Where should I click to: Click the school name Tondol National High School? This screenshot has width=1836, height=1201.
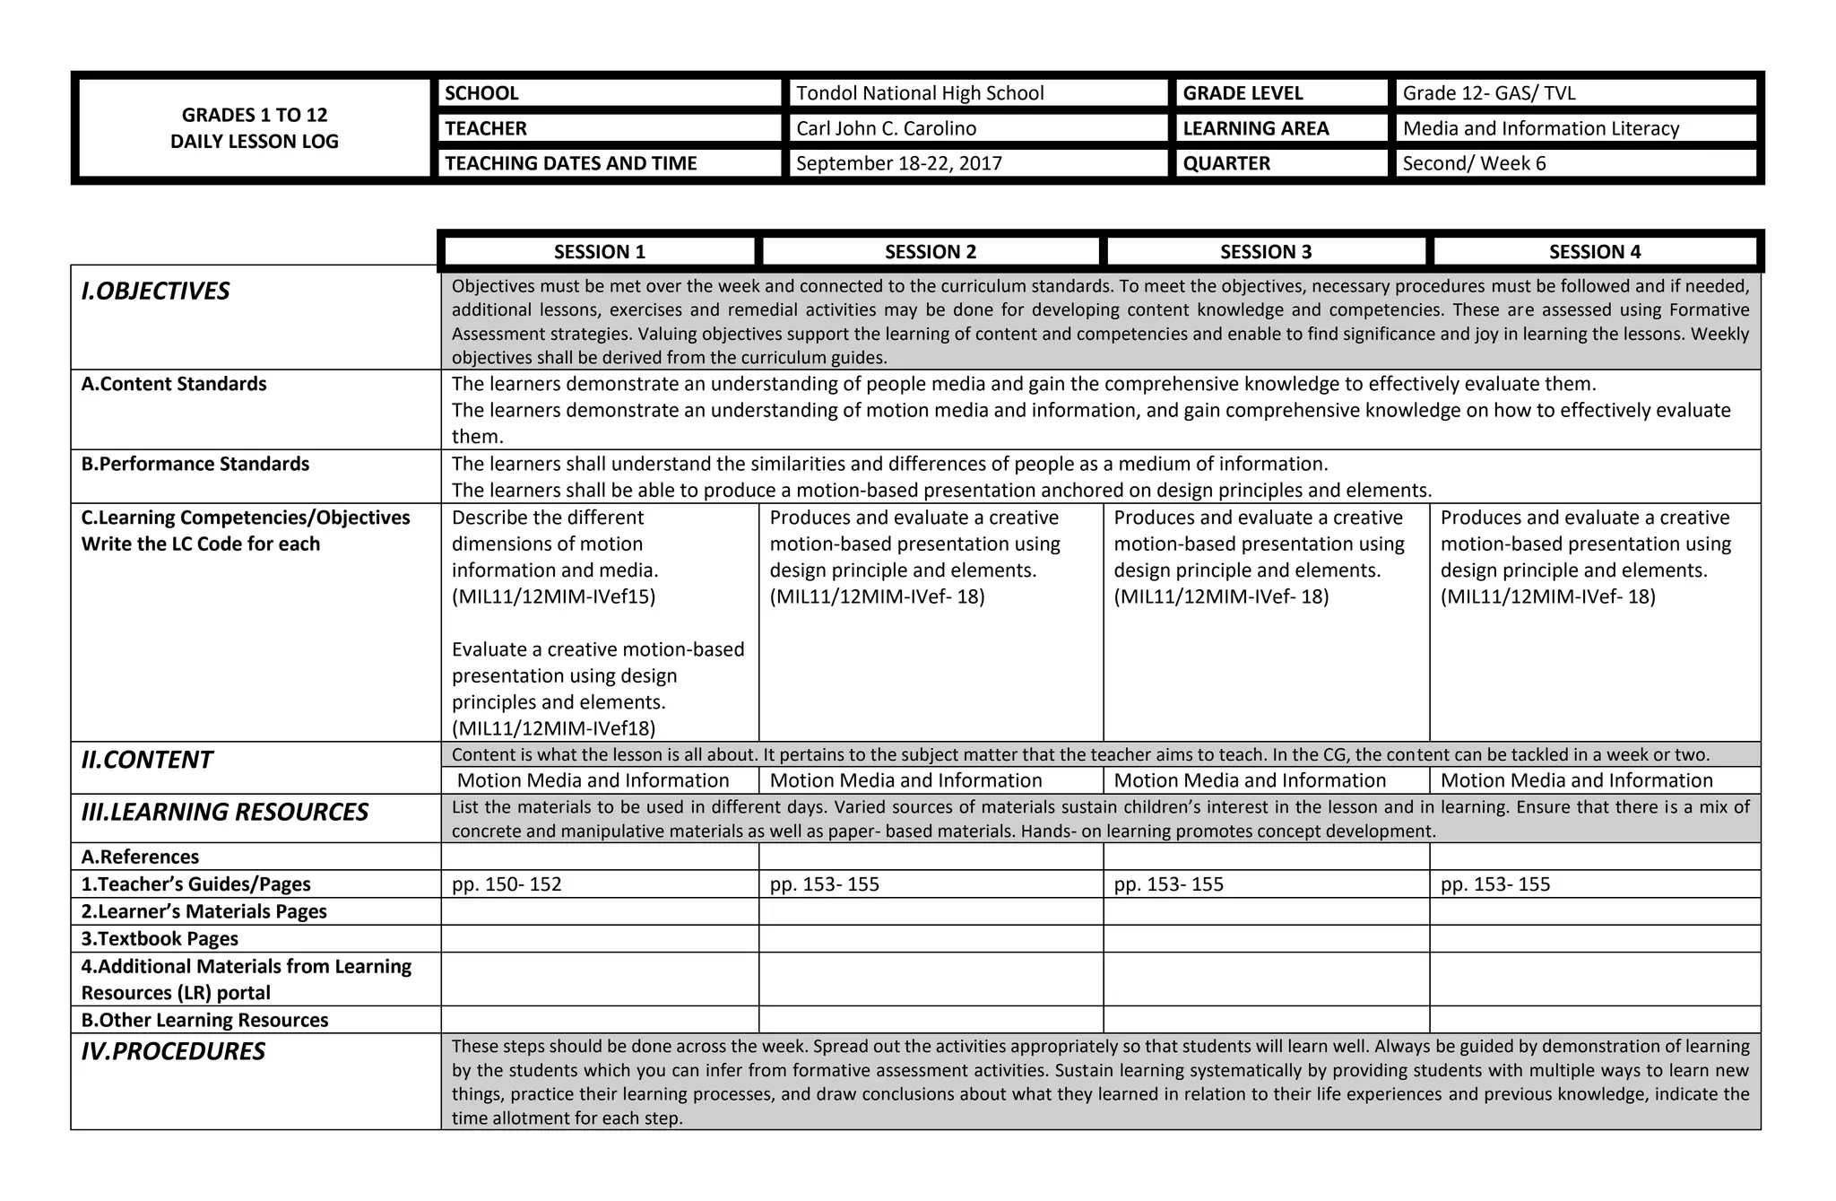coord(920,93)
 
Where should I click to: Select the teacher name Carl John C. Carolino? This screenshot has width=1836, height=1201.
coord(886,128)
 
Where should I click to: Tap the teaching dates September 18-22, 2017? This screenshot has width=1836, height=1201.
coord(898,163)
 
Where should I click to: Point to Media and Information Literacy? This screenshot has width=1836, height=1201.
coord(1540,128)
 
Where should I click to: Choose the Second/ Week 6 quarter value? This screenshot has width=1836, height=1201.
coord(1474,163)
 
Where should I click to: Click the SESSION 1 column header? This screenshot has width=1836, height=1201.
coord(599,252)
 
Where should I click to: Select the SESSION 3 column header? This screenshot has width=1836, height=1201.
coord(1265,252)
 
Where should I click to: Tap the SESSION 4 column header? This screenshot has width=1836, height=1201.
coord(1594,252)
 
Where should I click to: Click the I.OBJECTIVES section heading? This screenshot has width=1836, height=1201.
coord(155,292)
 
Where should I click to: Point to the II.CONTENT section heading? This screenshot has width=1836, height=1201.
coord(146,761)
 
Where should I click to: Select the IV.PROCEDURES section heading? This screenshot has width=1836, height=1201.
coord(173,1051)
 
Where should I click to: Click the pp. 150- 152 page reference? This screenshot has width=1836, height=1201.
coord(507,884)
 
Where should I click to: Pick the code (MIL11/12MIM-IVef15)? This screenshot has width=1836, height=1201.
coord(553,596)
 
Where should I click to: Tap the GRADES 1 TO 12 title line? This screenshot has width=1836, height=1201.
coord(255,115)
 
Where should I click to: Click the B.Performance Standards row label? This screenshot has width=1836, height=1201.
coord(195,464)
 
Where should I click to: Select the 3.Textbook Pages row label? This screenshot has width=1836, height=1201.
coord(160,939)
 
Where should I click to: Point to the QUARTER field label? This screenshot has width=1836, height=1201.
coord(1225,163)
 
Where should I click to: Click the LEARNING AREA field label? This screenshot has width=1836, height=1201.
coord(1255,128)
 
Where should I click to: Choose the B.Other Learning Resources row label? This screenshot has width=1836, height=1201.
coord(204,1020)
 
